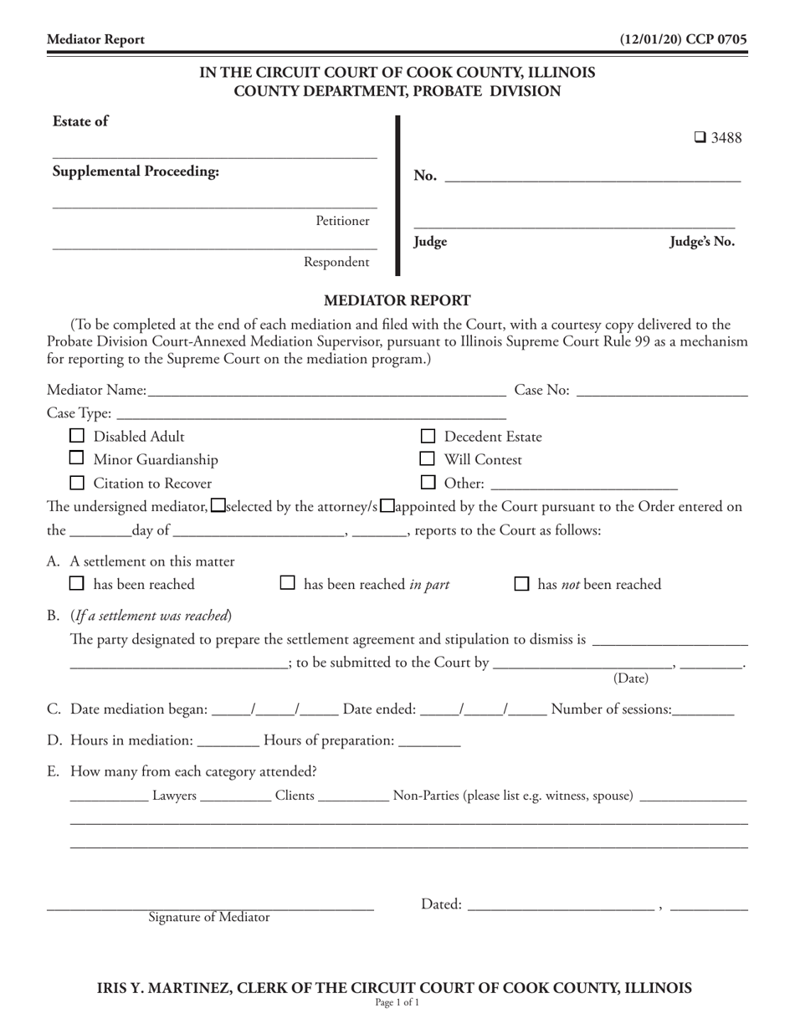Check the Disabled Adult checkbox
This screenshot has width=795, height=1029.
(x=77, y=436)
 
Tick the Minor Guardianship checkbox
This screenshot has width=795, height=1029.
(x=77, y=458)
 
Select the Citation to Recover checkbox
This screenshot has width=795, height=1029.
(x=77, y=483)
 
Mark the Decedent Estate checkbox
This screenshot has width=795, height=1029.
(x=428, y=436)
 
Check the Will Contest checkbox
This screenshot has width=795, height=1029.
(x=428, y=458)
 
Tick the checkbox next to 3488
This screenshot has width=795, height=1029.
(x=700, y=138)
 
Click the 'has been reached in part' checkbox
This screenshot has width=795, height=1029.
(x=287, y=583)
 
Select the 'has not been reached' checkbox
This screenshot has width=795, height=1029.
(x=521, y=583)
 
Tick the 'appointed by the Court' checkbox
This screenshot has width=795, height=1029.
(x=387, y=505)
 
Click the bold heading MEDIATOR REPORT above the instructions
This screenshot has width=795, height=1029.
(x=397, y=300)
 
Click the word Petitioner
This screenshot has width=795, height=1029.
(x=342, y=221)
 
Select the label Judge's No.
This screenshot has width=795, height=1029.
(x=701, y=242)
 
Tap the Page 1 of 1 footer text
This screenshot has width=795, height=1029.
(x=397, y=1001)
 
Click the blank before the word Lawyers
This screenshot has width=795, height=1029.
(x=109, y=797)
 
